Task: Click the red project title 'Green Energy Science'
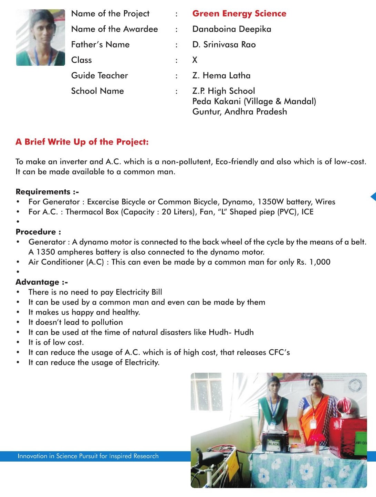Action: coord(239,14)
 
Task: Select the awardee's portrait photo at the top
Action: coord(41,38)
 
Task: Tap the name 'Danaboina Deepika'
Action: coord(232,29)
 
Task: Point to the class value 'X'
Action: coord(195,60)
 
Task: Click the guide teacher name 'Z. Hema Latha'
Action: coord(221,76)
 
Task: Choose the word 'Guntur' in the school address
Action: coord(207,112)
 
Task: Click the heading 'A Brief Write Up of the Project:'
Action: coord(82,142)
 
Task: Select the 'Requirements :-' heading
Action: coord(47,192)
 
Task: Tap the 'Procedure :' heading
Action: coord(38,232)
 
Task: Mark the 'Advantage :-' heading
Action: coord(42,282)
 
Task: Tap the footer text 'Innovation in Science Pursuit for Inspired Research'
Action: coord(88,456)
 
